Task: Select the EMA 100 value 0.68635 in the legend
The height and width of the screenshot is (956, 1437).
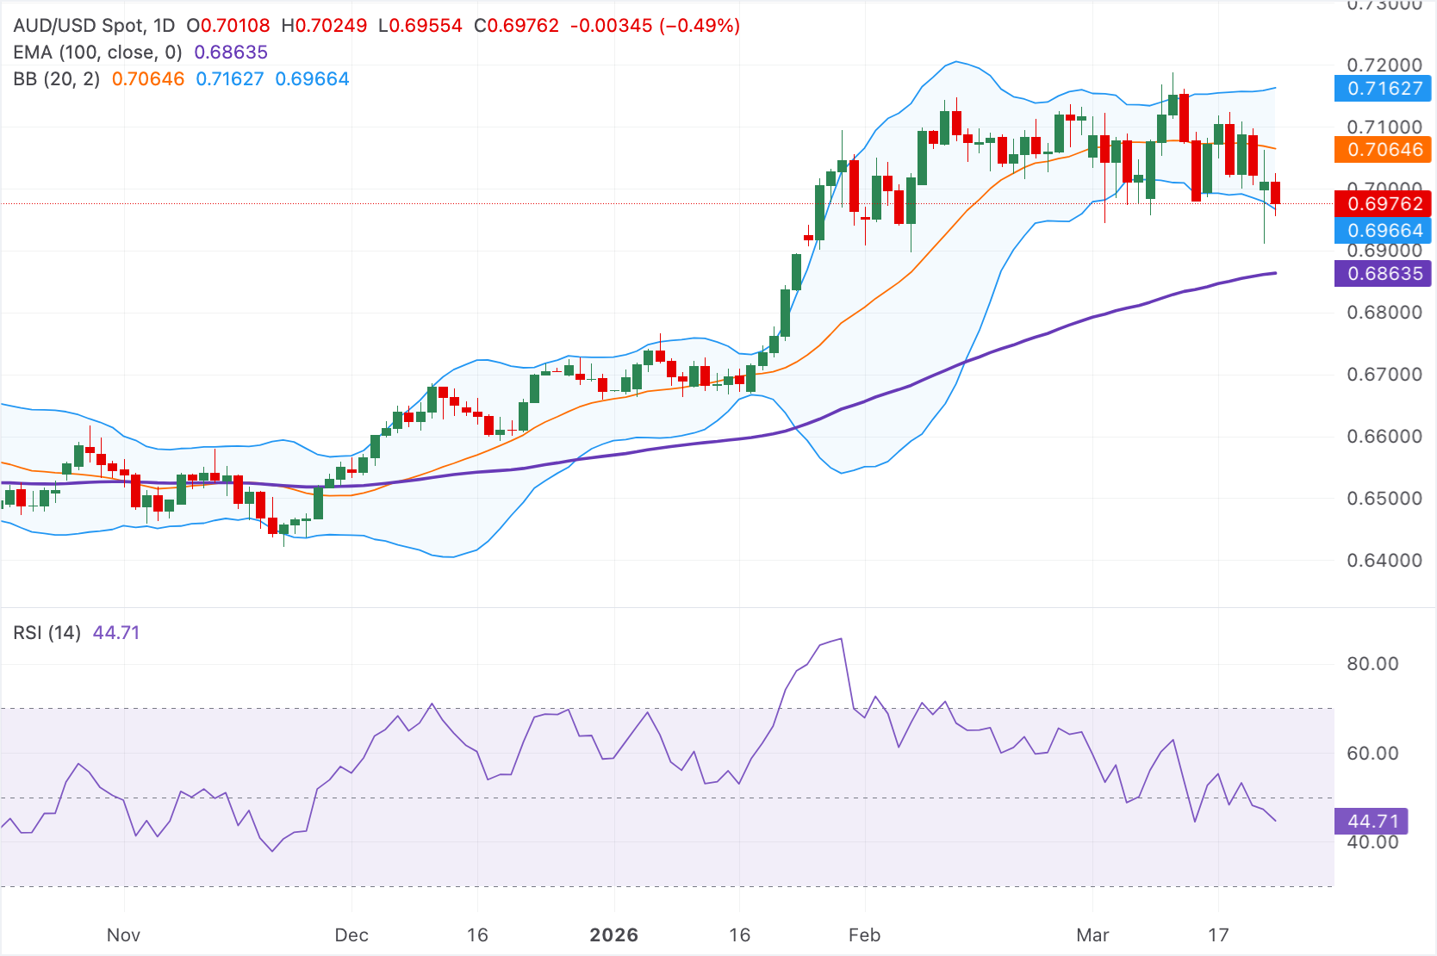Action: tap(231, 53)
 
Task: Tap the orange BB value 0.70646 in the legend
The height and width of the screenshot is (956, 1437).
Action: tap(148, 79)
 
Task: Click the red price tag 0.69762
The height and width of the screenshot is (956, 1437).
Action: tap(1384, 204)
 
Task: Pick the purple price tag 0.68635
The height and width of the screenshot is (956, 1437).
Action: tap(1384, 274)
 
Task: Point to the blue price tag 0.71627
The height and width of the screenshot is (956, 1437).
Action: tap(1384, 88)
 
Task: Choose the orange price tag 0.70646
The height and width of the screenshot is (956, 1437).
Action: tap(1384, 150)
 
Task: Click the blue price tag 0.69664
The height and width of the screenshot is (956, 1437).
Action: tap(1384, 231)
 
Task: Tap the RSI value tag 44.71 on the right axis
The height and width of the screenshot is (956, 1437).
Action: tap(1372, 822)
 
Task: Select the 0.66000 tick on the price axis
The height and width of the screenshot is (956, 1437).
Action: tap(1384, 437)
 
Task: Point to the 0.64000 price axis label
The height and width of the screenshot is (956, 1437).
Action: tap(1384, 561)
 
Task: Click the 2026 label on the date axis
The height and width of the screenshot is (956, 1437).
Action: tap(613, 935)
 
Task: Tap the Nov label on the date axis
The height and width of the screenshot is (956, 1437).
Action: tap(123, 935)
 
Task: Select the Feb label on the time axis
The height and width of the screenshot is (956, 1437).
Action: tap(864, 935)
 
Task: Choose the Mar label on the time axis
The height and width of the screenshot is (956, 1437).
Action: tap(1092, 935)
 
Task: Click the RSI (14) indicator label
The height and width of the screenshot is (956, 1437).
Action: tap(47, 633)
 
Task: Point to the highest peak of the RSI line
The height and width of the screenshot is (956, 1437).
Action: tap(841, 639)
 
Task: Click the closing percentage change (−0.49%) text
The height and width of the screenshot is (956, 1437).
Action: tap(700, 26)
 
